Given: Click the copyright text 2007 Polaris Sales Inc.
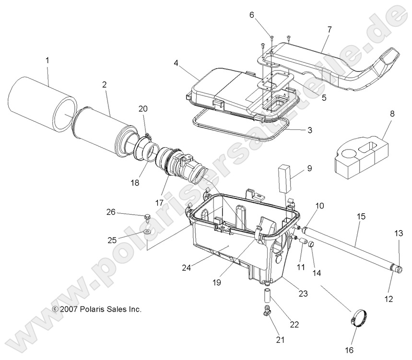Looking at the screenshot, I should pos(97,309).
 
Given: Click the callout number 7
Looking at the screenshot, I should pos(329,29).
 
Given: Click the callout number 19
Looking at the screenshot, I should pos(217,282).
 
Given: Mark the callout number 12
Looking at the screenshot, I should pos(388,299).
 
